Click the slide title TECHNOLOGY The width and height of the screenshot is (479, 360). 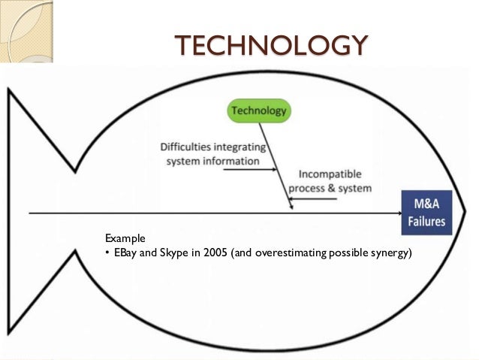[x=271, y=46]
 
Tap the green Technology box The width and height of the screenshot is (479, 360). [x=259, y=111]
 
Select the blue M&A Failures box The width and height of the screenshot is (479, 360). [x=426, y=212]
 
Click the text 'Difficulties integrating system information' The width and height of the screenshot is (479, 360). [x=213, y=154]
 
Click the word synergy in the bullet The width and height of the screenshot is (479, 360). [x=390, y=253]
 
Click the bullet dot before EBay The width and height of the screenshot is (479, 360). [x=108, y=253]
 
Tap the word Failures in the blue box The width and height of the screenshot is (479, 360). [x=426, y=221]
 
